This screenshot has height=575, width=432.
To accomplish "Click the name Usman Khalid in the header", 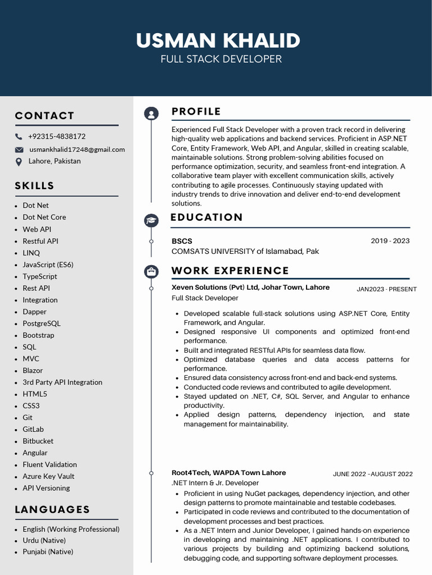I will click(218, 40).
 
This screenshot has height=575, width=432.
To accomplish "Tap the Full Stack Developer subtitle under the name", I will click(221, 59).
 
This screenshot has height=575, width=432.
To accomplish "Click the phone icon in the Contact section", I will click(19, 136).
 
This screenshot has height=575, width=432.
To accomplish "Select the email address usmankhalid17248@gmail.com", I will click(77, 149).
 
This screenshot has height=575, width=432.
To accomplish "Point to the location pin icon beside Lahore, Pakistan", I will click(19, 162).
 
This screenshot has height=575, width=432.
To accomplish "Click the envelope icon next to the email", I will click(19, 149).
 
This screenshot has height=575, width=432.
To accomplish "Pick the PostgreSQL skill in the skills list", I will click(42, 323).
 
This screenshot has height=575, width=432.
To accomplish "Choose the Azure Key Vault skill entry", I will click(48, 476).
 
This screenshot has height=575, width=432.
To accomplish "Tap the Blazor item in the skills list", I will click(33, 371).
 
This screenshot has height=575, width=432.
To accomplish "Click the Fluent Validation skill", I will click(49, 464).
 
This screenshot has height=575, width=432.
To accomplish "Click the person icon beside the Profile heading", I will click(151, 113).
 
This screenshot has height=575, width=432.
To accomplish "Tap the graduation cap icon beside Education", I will click(151, 220).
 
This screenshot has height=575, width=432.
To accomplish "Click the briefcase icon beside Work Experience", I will click(151, 272).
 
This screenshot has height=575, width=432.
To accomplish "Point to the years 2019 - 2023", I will click(390, 241).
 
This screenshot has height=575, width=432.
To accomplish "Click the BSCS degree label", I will click(182, 241).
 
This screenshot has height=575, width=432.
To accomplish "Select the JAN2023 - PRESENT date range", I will click(386, 289).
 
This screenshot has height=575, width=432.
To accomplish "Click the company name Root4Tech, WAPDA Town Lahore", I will click(228, 473).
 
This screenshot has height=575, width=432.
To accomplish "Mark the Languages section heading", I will click(52, 509).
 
